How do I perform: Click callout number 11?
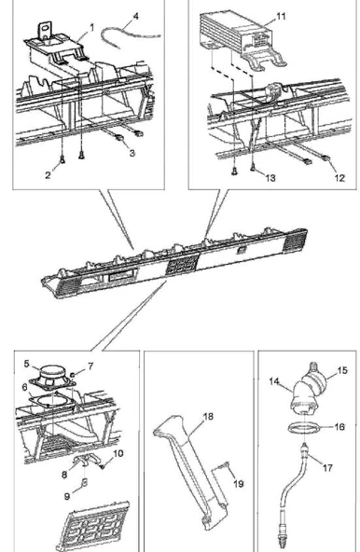pyautogui.click(x=281, y=16)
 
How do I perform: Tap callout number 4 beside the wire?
pyautogui.click(x=136, y=16)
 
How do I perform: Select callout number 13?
pyautogui.click(x=270, y=178)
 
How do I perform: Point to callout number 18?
pyautogui.click(x=209, y=417)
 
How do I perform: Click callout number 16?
pyautogui.click(x=339, y=427)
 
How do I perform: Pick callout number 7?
pyautogui.click(x=90, y=366)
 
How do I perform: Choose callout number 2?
pyautogui.click(x=48, y=175)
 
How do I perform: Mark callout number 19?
pyautogui.click(x=239, y=484)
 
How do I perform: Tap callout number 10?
pyautogui.click(x=118, y=453)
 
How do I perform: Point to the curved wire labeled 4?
pyautogui.click(x=131, y=34)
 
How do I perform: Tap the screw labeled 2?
pyautogui.click(x=62, y=159)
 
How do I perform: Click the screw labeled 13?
pyautogui.click(x=253, y=169)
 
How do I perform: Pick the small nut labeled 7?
pyautogui.click(x=73, y=374)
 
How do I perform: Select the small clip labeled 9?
pyautogui.click(x=85, y=482)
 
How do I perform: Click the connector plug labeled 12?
pyautogui.click(x=325, y=159)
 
